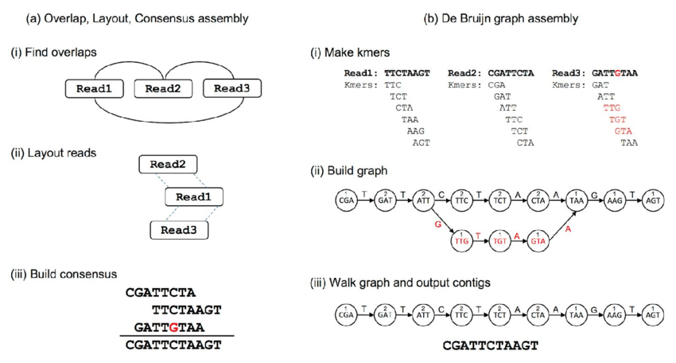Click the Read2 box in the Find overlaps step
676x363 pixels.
tap(163, 88)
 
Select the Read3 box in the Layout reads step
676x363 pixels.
tap(179, 230)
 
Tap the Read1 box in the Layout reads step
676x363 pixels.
tap(193, 197)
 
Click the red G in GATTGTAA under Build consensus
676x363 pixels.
tap(173, 327)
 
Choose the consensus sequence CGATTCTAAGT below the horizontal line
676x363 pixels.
tap(173, 345)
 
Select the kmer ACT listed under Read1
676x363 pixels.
tap(420, 143)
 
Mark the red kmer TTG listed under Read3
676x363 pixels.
tap(611, 107)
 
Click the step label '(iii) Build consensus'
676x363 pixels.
tap(64, 274)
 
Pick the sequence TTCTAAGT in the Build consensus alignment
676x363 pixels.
tap(186, 310)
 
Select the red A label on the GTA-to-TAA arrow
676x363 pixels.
tap(567, 228)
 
